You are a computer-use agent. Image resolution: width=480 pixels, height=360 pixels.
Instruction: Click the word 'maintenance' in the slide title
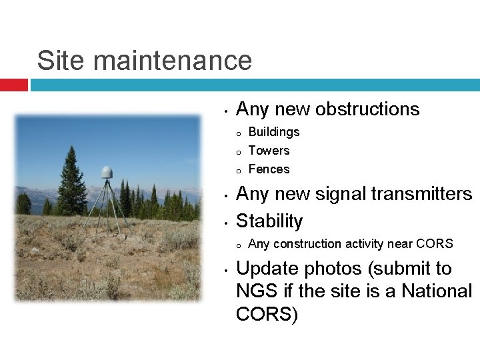pyautogui.click(x=173, y=61)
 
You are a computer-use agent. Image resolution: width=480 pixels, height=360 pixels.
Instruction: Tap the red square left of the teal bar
pyautogui.click(x=13, y=85)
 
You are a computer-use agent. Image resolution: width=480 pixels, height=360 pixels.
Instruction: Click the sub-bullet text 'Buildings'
pyautogui.click(x=273, y=132)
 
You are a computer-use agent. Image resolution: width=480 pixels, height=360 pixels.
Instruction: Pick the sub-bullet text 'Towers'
pyautogui.click(x=269, y=151)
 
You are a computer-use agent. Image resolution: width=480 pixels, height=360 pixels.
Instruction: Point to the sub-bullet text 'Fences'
pyautogui.click(x=269, y=169)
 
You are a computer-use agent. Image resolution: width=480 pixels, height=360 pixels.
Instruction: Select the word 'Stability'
pyautogui.click(x=269, y=221)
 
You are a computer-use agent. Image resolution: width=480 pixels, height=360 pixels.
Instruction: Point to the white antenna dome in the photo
pyautogui.click(x=106, y=171)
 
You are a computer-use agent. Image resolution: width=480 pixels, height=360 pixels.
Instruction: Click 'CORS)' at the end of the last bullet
pyautogui.click(x=267, y=314)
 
